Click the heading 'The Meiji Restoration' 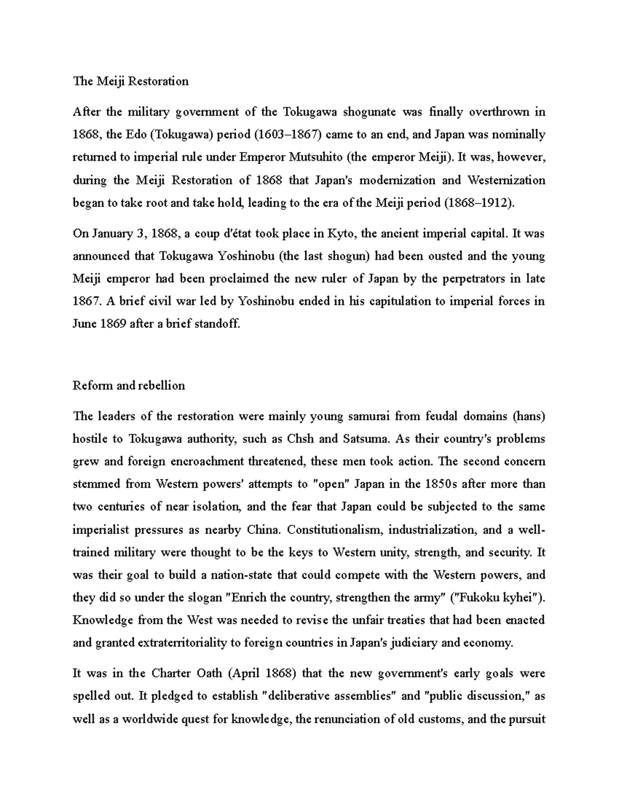coord(131,81)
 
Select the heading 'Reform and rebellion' coord(129,385)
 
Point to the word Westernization coord(506,180)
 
